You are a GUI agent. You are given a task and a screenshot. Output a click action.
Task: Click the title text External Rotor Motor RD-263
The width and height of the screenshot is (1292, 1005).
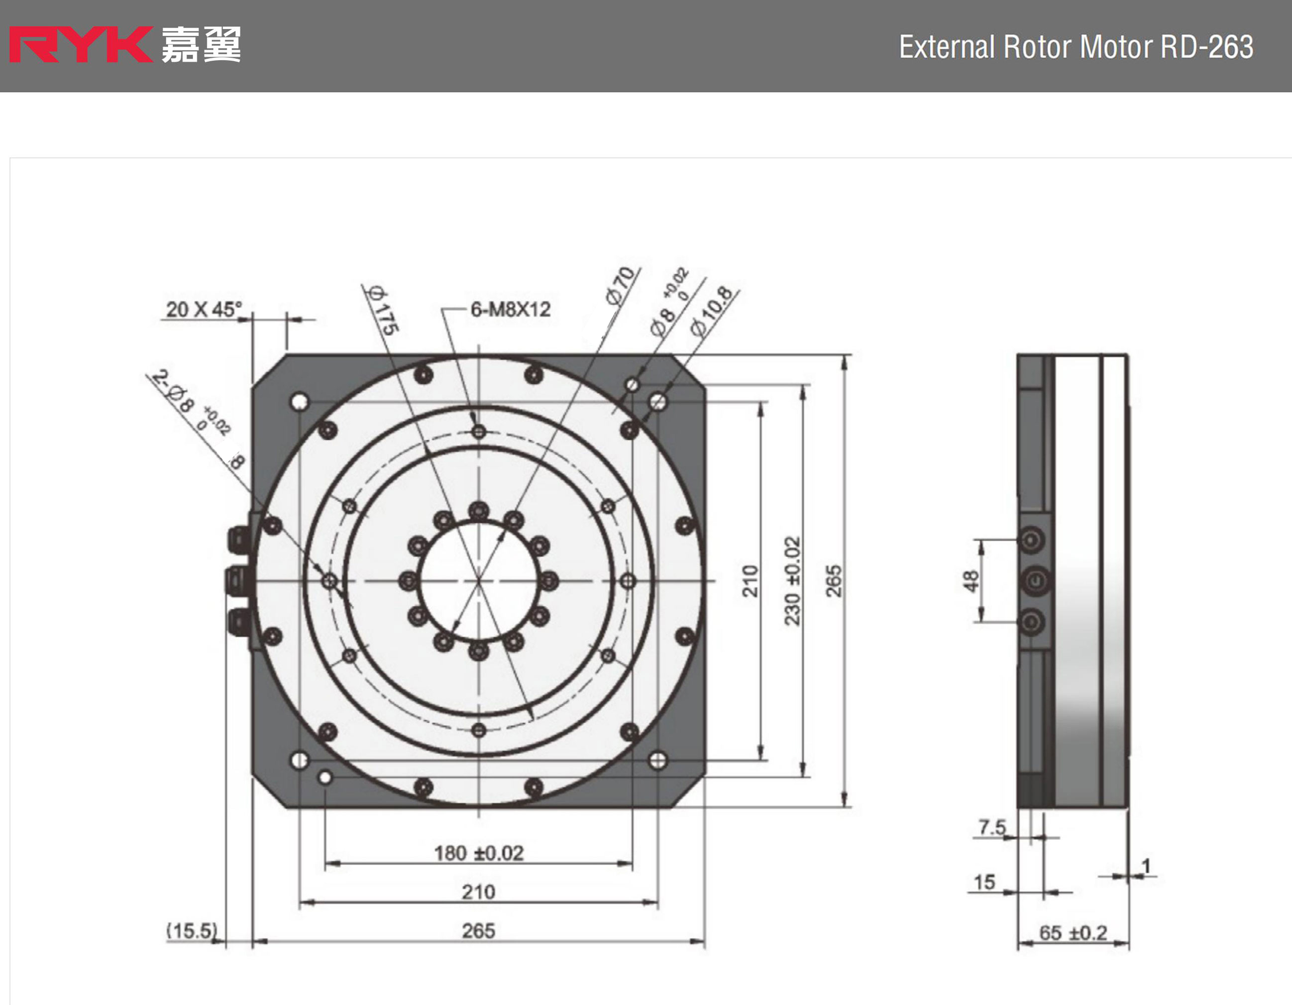[1076, 47]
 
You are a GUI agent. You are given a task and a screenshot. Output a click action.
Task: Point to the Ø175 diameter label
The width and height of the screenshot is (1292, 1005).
[383, 310]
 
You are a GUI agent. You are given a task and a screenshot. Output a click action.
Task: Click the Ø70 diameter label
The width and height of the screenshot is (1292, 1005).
[621, 285]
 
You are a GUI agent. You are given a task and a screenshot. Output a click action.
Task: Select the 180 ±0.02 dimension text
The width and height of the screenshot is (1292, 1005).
[479, 853]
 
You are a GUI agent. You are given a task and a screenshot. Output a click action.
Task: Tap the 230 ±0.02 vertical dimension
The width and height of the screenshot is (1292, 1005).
[792, 581]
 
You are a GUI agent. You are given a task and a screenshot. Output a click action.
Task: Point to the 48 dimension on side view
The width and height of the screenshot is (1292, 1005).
[971, 580]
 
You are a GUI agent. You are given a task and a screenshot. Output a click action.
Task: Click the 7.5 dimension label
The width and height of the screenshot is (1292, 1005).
[992, 826]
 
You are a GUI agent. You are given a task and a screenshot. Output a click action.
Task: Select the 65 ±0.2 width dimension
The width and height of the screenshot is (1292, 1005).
[1073, 933]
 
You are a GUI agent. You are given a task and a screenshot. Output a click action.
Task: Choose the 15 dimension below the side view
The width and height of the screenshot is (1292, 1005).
[984, 883]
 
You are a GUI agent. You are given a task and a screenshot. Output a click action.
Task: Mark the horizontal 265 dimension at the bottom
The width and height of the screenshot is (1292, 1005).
[478, 931]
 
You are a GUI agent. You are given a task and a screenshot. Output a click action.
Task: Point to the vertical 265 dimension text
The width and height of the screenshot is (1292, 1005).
[833, 581]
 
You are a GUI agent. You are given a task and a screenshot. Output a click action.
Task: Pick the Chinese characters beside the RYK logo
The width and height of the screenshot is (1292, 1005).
[201, 45]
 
